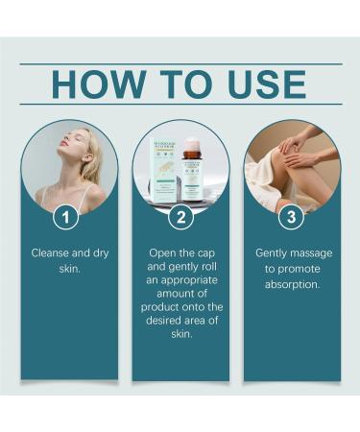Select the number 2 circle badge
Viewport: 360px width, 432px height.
180,218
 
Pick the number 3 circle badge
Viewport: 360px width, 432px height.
290,218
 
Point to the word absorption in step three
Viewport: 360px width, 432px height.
291,286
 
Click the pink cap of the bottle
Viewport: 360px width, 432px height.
192,147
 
